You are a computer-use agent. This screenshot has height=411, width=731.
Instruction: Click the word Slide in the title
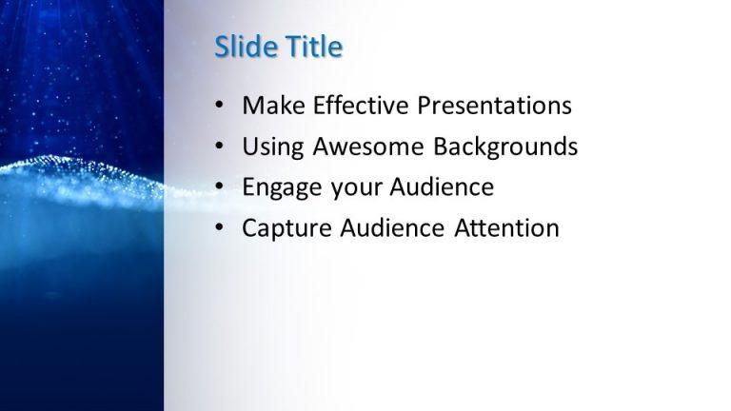pyautogui.click(x=243, y=47)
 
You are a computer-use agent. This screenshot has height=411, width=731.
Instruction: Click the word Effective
pyautogui.click(x=355, y=106)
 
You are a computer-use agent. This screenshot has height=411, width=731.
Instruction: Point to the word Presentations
pyautogui.click(x=493, y=106)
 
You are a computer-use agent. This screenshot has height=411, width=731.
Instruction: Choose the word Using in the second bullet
pyautogui.click(x=271, y=147)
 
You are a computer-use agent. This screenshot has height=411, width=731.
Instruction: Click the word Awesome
pyautogui.click(x=367, y=147)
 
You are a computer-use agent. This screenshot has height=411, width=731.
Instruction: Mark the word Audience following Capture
pyautogui.click(x=387, y=228)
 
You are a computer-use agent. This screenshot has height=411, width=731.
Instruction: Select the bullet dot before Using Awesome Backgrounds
pyautogui.click(x=220, y=147)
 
